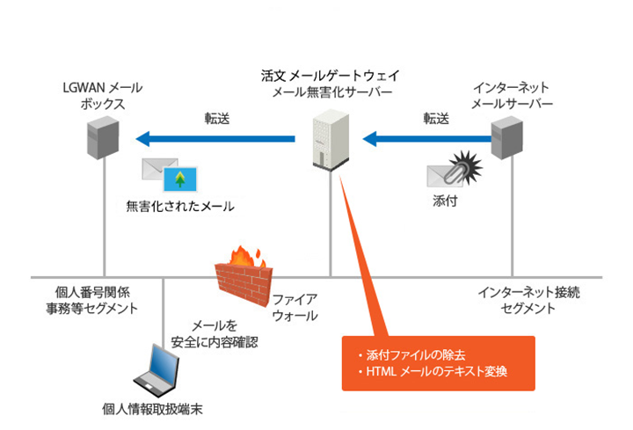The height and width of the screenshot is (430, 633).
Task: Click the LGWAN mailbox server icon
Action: click(x=103, y=141)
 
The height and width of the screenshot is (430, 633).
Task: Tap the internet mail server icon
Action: click(x=509, y=138)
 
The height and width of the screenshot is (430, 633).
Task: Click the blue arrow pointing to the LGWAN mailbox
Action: click(x=220, y=138)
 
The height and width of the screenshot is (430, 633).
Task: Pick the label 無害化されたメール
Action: click(x=180, y=207)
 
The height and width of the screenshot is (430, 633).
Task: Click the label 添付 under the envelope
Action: click(x=447, y=200)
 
